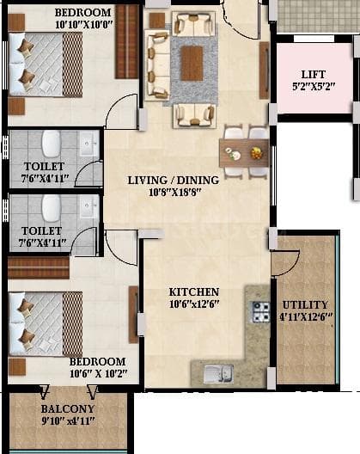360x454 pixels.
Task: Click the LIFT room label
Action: point(312,74)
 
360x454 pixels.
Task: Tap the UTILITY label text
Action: point(305,304)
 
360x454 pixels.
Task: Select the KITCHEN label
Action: point(194,292)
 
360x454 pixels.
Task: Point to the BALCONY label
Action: point(67,408)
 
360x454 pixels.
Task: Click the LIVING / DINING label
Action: point(173,181)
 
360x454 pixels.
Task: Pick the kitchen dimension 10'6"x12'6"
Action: point(194,304)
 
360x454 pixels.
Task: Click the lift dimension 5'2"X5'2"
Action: point(312,87)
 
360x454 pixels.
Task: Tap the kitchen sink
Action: point(217,373)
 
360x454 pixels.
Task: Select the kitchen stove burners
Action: point(259,311)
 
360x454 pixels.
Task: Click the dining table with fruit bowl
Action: point(243,153)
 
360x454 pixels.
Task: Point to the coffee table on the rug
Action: point(192,61)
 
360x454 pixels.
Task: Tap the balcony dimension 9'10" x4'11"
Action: point(67,420)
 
